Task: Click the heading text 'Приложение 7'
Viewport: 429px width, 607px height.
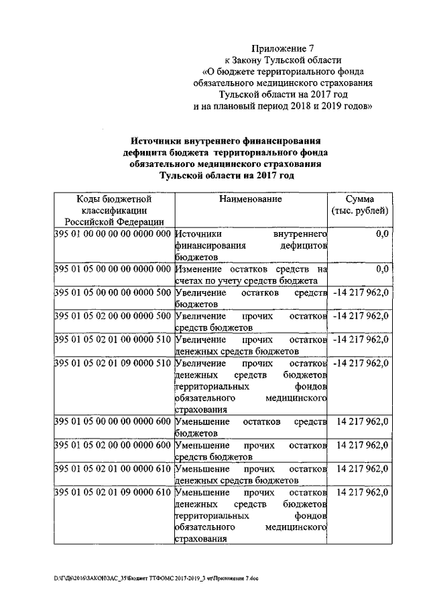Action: tap(282, 48)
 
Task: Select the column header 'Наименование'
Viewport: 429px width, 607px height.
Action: tap(250, 199)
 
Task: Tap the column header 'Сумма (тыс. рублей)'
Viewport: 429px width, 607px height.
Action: tap(359, 205)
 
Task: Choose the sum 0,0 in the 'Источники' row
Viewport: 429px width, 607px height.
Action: tap(383, 234)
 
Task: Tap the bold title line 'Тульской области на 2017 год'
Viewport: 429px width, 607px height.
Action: tap(226, 174)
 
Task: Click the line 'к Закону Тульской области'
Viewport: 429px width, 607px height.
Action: tap(282, 60)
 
